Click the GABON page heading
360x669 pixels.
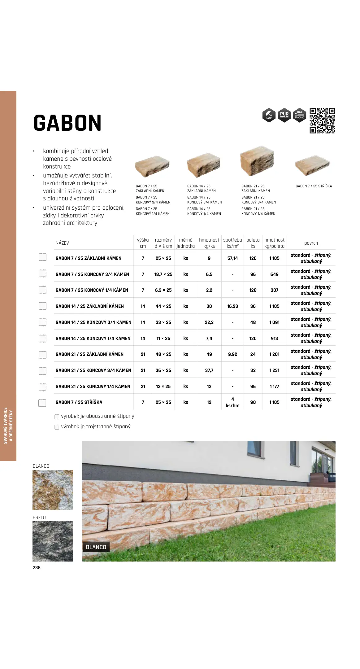coord(67,123)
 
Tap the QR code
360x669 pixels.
coord(322,120)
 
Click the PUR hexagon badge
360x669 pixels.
coord(284,115)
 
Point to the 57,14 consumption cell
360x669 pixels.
coord(232,258)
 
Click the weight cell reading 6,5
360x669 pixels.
coord(209,274)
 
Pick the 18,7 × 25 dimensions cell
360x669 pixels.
coord(163,274)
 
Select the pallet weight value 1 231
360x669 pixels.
coord(274,370)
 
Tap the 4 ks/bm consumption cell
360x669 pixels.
coord(232,402)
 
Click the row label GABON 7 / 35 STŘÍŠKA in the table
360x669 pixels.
coord(79,402)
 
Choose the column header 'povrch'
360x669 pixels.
coord(311,243)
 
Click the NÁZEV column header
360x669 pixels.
coord(62,243)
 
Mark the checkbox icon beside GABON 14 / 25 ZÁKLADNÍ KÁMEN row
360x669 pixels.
coord(42,306)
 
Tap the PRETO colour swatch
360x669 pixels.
coord(53,541)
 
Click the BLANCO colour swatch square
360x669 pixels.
coord(53,490)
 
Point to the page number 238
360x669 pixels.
coord(37,567)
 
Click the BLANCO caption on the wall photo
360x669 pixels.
coord(96,547)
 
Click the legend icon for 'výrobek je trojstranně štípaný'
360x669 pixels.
coord(57,427)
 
